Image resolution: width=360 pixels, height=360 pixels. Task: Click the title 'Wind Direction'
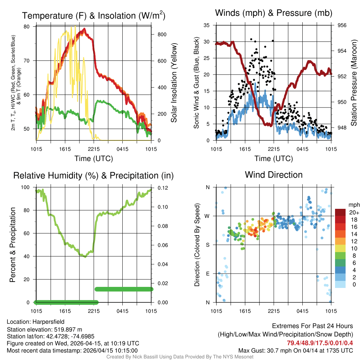(x=274, y=175)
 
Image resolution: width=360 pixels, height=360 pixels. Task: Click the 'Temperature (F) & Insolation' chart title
(x=94, y=16)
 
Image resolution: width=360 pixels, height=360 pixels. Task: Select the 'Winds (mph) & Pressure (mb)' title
(x=274, y=13)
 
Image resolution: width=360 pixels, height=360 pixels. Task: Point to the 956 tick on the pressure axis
(x=342, y=25)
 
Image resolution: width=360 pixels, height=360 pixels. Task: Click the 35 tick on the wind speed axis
(x=207, y=25)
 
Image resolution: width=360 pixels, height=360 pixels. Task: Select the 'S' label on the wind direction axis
(x=207, y=245)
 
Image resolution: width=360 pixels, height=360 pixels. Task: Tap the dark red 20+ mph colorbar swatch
(x=340, y=212)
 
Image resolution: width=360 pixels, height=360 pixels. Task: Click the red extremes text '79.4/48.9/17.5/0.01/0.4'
(x=320, y=343)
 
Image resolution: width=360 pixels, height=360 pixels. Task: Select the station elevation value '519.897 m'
(x=68, y=329)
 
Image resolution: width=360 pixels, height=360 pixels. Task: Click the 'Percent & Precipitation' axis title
(x=13, y=245)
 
